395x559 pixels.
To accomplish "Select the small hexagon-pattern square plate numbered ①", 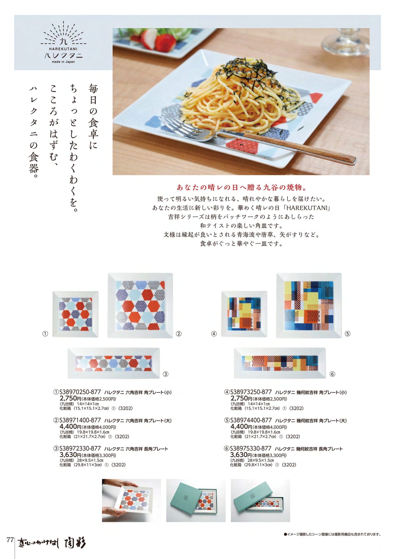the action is [75, 314].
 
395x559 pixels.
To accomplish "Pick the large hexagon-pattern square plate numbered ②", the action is [140, 305].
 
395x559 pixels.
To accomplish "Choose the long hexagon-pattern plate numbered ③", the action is [114, 363].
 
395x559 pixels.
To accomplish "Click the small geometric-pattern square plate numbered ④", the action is [244, 314].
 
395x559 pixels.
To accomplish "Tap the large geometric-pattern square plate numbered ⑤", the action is [309, 305].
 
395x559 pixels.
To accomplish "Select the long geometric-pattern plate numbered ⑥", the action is [280, 363].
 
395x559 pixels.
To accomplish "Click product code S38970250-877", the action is [80, 392].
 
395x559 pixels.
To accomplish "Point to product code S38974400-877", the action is [251, 420].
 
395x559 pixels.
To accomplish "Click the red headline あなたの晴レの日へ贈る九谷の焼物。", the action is [242, 187].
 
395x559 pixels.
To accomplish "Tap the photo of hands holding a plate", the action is [131, 500].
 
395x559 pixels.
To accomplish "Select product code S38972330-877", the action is [80, 449].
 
